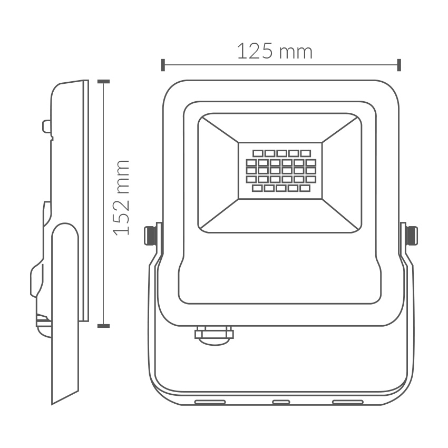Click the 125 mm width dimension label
click(x=275, y=52)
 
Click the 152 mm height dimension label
click(x=122, y=198)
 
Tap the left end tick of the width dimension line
click(x=163, y=65)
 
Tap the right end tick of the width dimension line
click(x=399, y=65)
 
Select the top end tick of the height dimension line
click(x=103, y=81)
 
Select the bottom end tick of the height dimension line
click(x=103, y=326)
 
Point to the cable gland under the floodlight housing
click(x=214, y=335)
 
